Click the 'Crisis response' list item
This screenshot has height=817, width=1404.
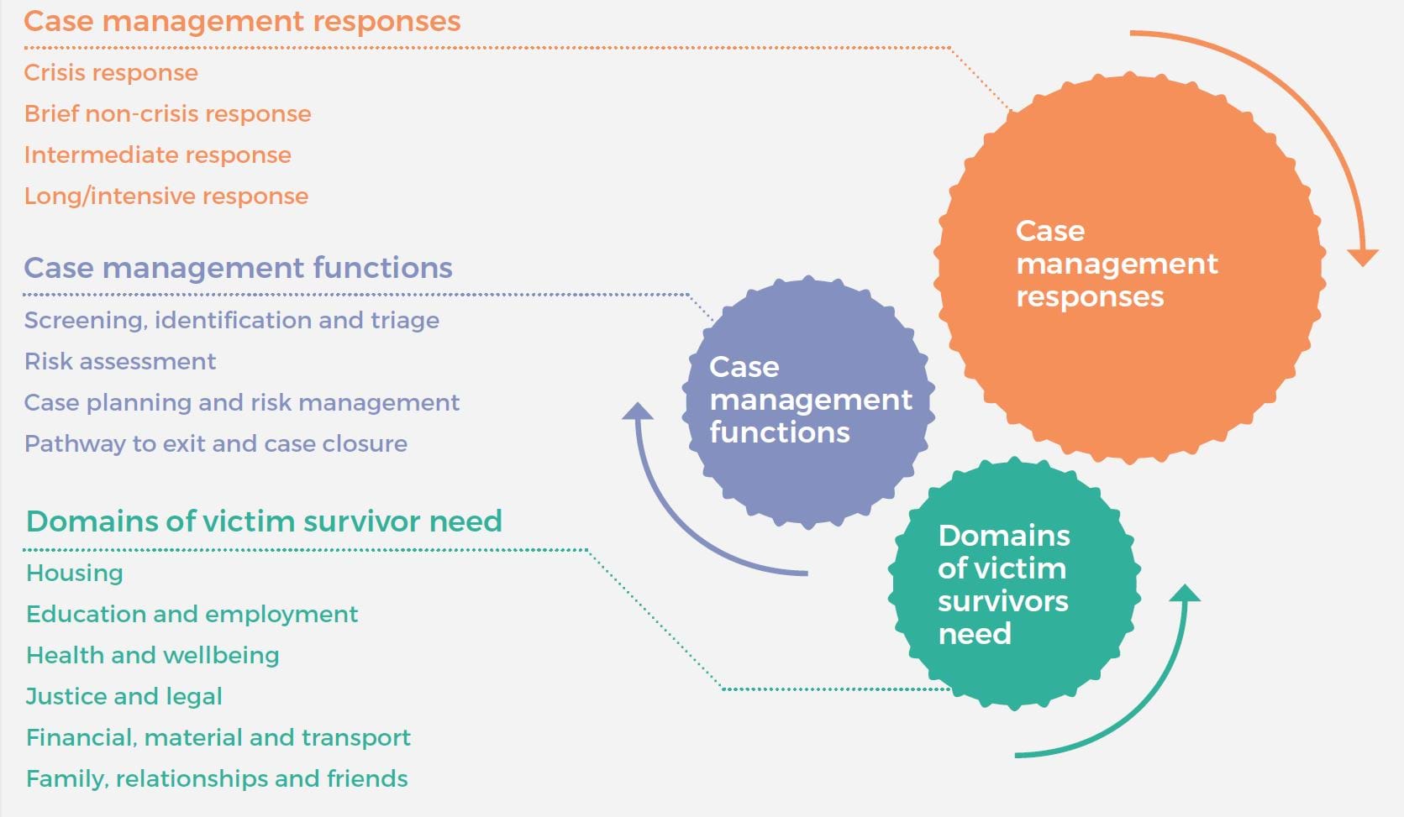pos(111,73)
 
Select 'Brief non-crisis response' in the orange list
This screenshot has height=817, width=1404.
pos(167,114)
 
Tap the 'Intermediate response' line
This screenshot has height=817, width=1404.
pos(157,155)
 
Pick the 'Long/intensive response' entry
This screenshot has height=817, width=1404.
pos(166,196)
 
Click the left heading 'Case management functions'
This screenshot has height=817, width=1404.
pos(238,268)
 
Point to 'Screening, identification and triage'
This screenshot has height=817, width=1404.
pos(231,321)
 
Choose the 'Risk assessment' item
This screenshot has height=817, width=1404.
pos(120,362)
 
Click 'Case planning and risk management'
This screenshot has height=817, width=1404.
pos(241,403)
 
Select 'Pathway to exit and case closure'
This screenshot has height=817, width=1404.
pos(215,444)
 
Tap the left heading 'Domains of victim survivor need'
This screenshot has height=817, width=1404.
pos(264,521)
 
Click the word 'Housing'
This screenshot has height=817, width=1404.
pos(75,573)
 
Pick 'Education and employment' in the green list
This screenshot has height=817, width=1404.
pos(192,615)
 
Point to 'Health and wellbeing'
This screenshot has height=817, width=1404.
pos(152,656)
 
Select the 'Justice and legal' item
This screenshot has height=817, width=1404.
pos(124,697)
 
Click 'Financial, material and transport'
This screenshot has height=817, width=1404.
pos(218,738)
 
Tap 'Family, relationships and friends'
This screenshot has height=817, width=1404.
pos(217,779)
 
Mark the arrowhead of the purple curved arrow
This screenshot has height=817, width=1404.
pos(638,411)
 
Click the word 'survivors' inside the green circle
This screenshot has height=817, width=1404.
pos(1002,602)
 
